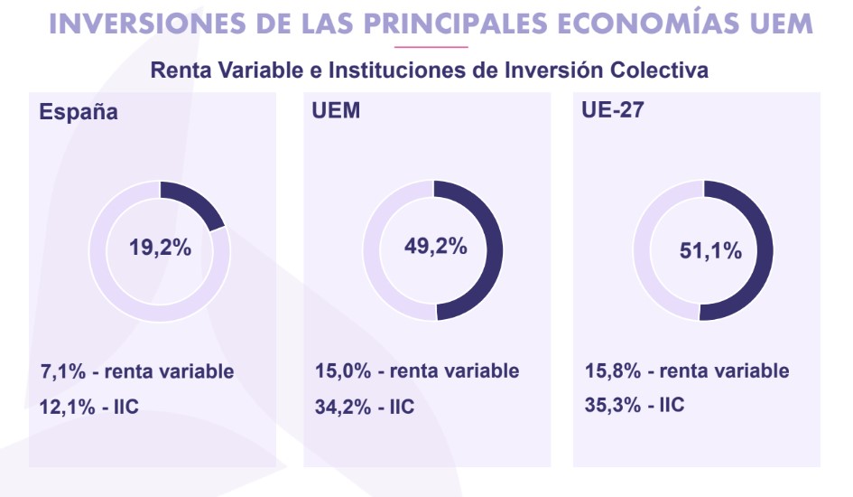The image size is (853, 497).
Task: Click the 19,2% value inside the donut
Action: click(x=160, y=247)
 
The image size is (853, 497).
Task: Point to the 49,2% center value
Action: click(x=434, y=246)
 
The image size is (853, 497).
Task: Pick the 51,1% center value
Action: click(x=709, y=250)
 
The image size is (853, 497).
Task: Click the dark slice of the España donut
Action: click(x=197, y=204)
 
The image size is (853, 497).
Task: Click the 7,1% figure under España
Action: click(x=61, y=371)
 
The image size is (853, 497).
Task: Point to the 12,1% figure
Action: click(x=67, y=406)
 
